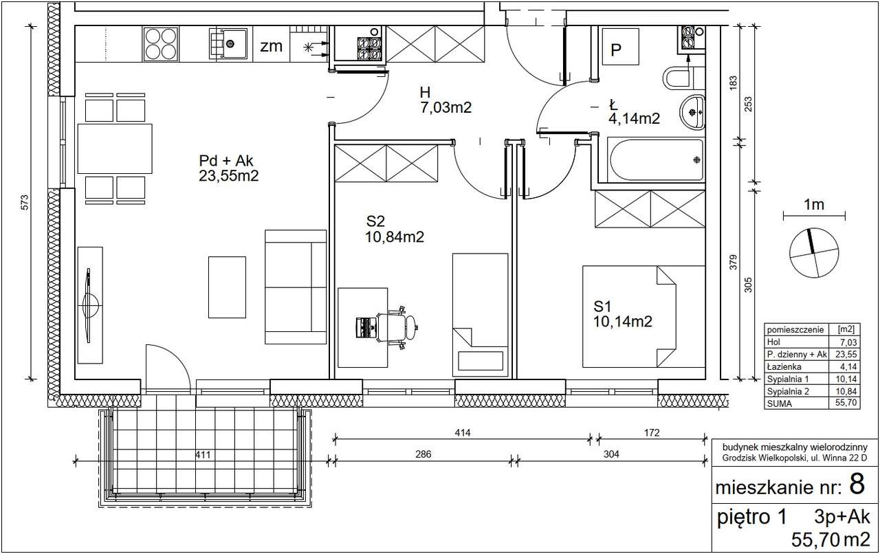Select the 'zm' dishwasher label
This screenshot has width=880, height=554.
pyautogui.click(x=271, y=46)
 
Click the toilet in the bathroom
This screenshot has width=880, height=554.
pyautogui.click(x=683, y=78)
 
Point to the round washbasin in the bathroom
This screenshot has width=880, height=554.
pyautogui.click(x=692, y=112)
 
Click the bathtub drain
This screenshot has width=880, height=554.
pyautogui.click(x=696, y=159)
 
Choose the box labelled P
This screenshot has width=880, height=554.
pyautogui.click(x=620, y=46)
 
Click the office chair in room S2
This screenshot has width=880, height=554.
pyautogui.click(x=397, y=327)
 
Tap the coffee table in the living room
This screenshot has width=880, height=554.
pyautogui.click(x=227, y=287)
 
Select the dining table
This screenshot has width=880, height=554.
pyautogui.click(x=115, y=148)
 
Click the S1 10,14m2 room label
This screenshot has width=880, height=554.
pyautogui.click(x=623, y=314)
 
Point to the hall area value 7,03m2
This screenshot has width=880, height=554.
pyautogui.click(x=446, y=107)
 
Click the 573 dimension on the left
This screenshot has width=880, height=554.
pyautogui.click(x=25, y=202)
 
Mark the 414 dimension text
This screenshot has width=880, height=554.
pyautogui.click(x=463, y=432)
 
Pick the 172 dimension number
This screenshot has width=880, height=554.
pyautogui.click(x=652, y=432)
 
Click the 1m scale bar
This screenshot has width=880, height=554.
pyautogui.click(x=815, y=215)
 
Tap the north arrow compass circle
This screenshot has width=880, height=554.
pyautogui.click(x=813, y=252)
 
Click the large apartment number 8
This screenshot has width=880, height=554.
pyautogui.click(x=857, y=484)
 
